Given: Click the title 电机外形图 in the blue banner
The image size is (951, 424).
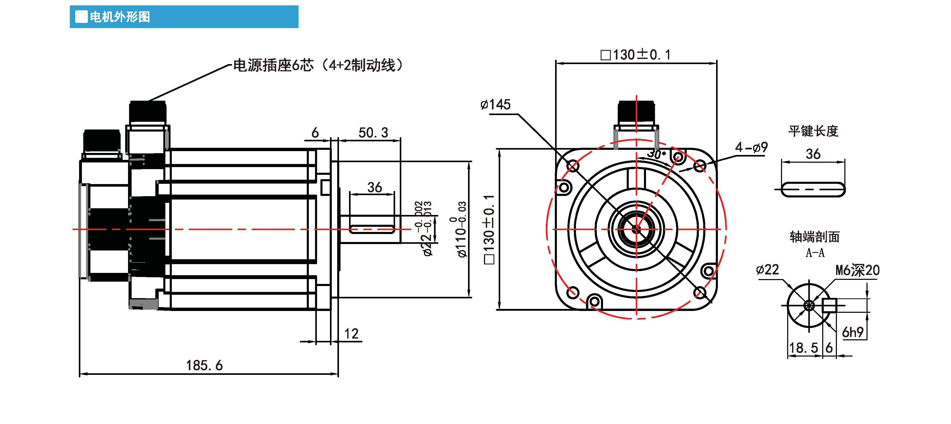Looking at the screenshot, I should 120,17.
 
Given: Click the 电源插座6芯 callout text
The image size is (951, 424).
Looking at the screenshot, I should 273,65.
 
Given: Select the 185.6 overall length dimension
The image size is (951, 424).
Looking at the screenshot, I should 204,365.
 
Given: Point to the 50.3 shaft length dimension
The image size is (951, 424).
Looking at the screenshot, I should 373,133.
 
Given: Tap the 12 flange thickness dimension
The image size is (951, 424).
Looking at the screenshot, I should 351,334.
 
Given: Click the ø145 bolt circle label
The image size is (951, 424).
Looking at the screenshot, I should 495,105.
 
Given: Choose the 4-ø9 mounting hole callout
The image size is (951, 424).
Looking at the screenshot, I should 751,148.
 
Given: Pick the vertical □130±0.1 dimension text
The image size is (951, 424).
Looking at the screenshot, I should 489,230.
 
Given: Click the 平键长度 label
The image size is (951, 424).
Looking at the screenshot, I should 813,131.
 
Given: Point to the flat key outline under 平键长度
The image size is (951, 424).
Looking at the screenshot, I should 813,190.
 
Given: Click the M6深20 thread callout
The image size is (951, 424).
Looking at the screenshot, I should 857,271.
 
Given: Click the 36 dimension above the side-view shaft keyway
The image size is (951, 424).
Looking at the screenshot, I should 374,187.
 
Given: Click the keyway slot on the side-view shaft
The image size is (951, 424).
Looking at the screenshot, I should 371,229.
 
